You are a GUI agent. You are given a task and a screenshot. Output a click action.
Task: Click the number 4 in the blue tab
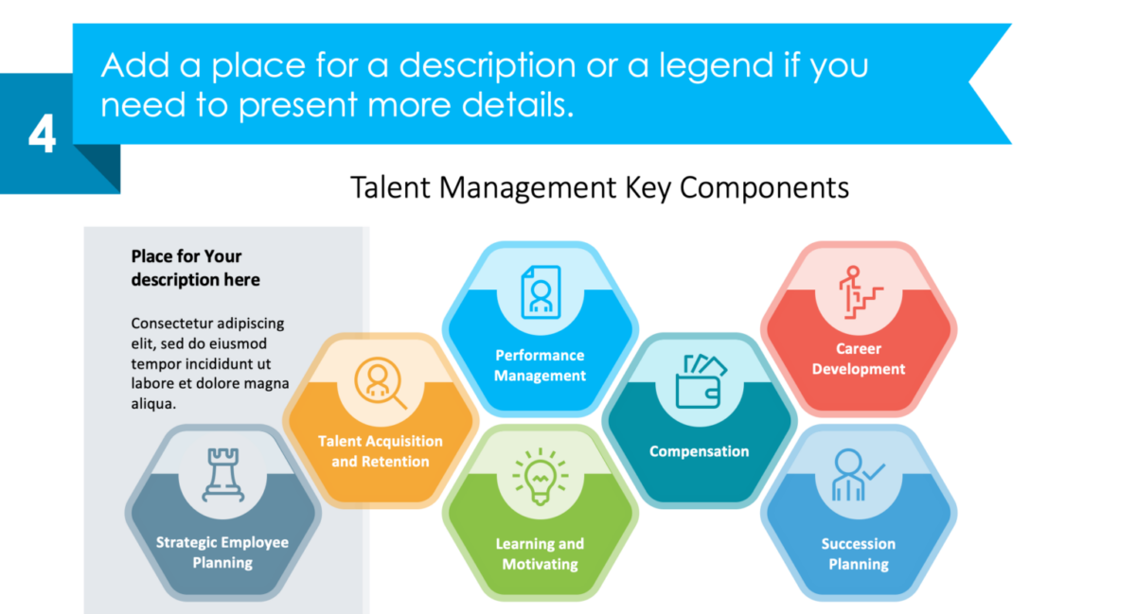[42, 135]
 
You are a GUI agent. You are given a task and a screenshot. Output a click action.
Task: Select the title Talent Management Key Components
[599, 186]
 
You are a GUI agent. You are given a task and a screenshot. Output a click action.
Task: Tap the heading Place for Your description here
[195, 268]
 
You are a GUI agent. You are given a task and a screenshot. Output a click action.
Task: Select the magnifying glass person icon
[380, 383]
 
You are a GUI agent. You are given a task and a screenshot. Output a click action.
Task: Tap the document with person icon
[541, 291]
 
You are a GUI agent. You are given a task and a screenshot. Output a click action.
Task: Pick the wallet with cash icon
[700, 381]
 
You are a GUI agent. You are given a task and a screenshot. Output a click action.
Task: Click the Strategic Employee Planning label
[222, 553]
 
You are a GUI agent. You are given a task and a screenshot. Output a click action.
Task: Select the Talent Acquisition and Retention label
[380, 451]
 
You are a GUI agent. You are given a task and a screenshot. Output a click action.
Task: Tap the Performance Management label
[541, 365]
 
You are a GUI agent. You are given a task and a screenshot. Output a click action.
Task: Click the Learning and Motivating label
[540, 553]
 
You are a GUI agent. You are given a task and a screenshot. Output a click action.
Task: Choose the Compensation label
[699, 451]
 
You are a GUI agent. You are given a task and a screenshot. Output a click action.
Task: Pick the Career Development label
[859, 359]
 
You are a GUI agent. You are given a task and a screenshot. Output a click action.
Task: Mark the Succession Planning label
[859, 553]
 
